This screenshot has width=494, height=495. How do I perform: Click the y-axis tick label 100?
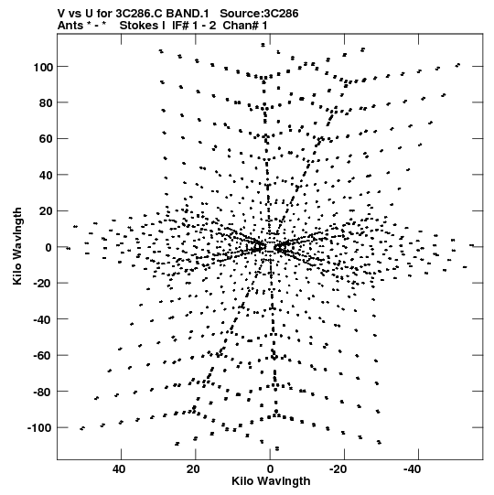[43, 67]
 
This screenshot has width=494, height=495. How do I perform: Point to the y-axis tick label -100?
[40, 428]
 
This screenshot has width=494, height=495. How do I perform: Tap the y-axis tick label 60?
[46, 139]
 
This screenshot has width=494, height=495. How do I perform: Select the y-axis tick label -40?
[43, 320]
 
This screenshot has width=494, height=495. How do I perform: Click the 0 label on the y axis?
[48, 248]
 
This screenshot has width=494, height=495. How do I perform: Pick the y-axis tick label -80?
[43, 393]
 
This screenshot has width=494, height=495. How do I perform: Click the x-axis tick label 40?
[119, 469]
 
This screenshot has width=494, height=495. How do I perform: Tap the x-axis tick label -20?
[338, 469]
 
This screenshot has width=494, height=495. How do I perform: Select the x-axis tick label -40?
[413, 469]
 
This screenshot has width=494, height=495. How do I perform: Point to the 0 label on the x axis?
[270, 469]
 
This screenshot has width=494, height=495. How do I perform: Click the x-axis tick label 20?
[193, 469]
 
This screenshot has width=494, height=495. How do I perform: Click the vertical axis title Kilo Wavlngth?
[17, 246]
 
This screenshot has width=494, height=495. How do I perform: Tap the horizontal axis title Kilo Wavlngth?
[271, 481]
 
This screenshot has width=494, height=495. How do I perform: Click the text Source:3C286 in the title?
[259, 14]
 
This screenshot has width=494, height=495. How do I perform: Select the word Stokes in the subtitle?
[140, 26]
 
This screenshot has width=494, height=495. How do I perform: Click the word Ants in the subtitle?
[70, 26]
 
